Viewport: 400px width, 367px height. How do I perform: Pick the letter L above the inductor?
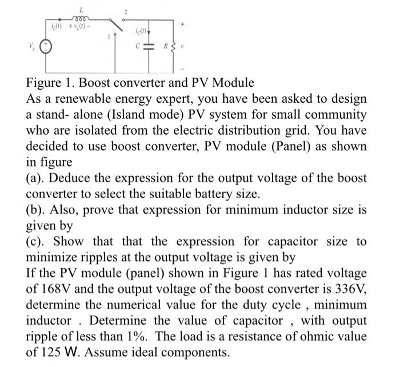(x=83, y=8)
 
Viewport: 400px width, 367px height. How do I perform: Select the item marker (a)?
(x=37, y=178)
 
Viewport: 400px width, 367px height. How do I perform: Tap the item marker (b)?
(x=37, y=210)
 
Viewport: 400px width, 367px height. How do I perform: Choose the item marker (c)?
(x=37, y=242)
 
